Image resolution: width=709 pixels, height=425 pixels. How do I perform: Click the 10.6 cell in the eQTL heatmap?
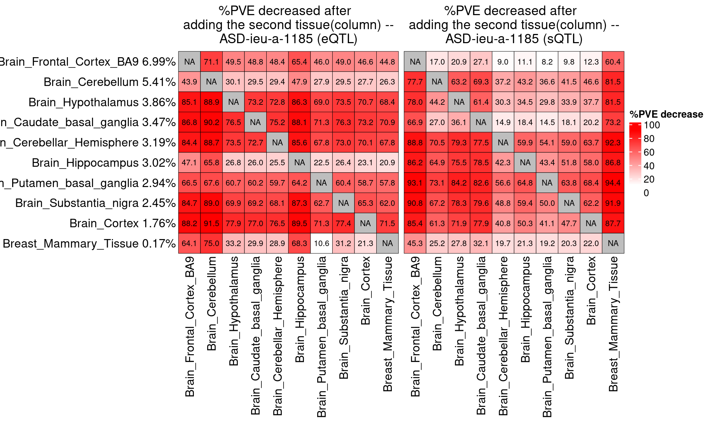click(x=321, y=243)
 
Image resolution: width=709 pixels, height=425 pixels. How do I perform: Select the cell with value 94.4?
click(x=613, y=183)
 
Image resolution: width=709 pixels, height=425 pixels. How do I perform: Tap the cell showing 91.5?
click(x=211, y=224)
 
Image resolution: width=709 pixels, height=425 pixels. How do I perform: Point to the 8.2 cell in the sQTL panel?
click(x=547, y=62)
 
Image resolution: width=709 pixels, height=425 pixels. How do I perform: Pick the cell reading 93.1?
click(x=415, y=183)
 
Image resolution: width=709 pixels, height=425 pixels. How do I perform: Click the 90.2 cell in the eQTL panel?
click(x=211, y=122)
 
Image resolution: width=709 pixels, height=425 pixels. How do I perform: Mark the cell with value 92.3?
click(x=613, y=143)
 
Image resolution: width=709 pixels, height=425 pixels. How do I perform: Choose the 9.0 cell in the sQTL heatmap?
click(x=503, y=62)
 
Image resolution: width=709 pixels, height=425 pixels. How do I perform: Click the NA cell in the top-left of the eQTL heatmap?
click(x=189, y=62)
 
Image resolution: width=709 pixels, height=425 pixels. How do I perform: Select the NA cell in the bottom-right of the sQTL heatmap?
click(x=613, y=243)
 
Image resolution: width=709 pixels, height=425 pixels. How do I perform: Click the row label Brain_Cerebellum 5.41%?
click(x=109, y=82)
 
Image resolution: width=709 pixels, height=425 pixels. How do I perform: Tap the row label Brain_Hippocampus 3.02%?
click(x=103, y=163)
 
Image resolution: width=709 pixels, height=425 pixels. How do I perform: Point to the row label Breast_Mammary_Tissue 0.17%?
click(x=89, y=243)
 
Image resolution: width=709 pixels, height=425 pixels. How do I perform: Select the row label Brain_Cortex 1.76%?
click(x=122, y=224)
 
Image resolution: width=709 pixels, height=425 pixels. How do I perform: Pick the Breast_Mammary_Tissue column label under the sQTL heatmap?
click(x=613, y=324)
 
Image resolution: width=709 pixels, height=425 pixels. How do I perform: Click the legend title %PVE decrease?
click(x=666, y=114)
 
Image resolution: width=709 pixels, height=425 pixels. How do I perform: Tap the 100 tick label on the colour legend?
click(x=652, y=125)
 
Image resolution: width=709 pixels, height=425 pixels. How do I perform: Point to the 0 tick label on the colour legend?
click(x=646, y=193)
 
